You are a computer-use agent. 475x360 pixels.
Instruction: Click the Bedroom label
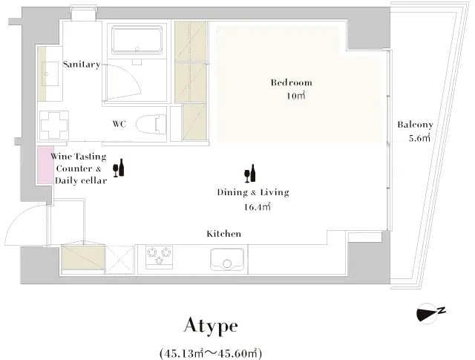pos(291,82)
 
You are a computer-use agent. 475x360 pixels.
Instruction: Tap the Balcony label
pos(415,125)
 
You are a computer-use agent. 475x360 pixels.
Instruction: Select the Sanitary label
pos(81,65)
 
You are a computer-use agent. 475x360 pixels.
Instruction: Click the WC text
pos(118,124)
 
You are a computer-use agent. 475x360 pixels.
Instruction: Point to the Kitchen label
pos(223,234)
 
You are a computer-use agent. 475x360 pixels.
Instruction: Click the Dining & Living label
pos(252,193)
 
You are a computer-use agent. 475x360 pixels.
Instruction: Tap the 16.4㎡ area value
pos(257,207)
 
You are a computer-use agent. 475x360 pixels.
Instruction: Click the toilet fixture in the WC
pos(151,123)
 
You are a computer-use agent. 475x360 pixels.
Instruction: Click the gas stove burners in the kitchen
pos(160,257)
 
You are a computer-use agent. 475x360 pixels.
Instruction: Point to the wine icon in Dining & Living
pos(250,173)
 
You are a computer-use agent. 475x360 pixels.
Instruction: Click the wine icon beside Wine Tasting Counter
pos(118,168)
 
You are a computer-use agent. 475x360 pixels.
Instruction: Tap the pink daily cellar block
pos(45,166)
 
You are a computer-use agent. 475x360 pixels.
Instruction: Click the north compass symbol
pos(429,314)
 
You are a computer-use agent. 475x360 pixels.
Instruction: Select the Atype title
pos(211,326)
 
